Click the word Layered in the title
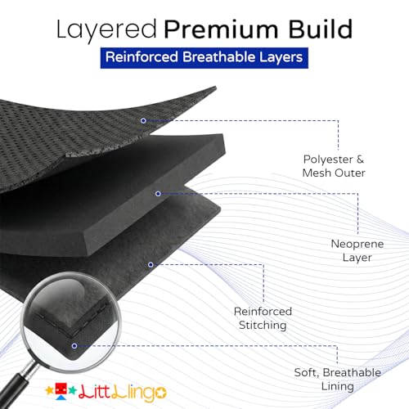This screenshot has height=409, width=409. coord(106,29)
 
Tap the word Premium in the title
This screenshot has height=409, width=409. coord(221,29)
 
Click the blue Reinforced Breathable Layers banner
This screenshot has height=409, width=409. coord(204,58)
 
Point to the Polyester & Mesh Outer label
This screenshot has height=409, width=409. coord(334,166)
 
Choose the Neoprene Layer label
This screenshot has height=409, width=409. coord(357,250)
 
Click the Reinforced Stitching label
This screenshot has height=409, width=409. coord(263,318)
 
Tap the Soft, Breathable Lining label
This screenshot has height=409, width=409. coord(338,380)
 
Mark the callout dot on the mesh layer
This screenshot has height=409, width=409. coord(143,120)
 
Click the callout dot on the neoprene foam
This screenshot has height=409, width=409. coord(158,194)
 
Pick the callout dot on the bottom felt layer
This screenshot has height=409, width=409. coord(151,264)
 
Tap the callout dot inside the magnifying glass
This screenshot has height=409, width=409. coord(74,346)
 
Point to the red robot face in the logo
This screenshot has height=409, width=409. coord(61,389)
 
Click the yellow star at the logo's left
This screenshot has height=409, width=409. coord(50,390)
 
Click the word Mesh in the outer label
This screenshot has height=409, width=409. coord(317,173)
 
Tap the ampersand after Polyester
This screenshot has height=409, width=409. coord(360,160)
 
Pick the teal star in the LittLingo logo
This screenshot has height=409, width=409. coord(72,390)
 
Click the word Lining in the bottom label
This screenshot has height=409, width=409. coord(338,386)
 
